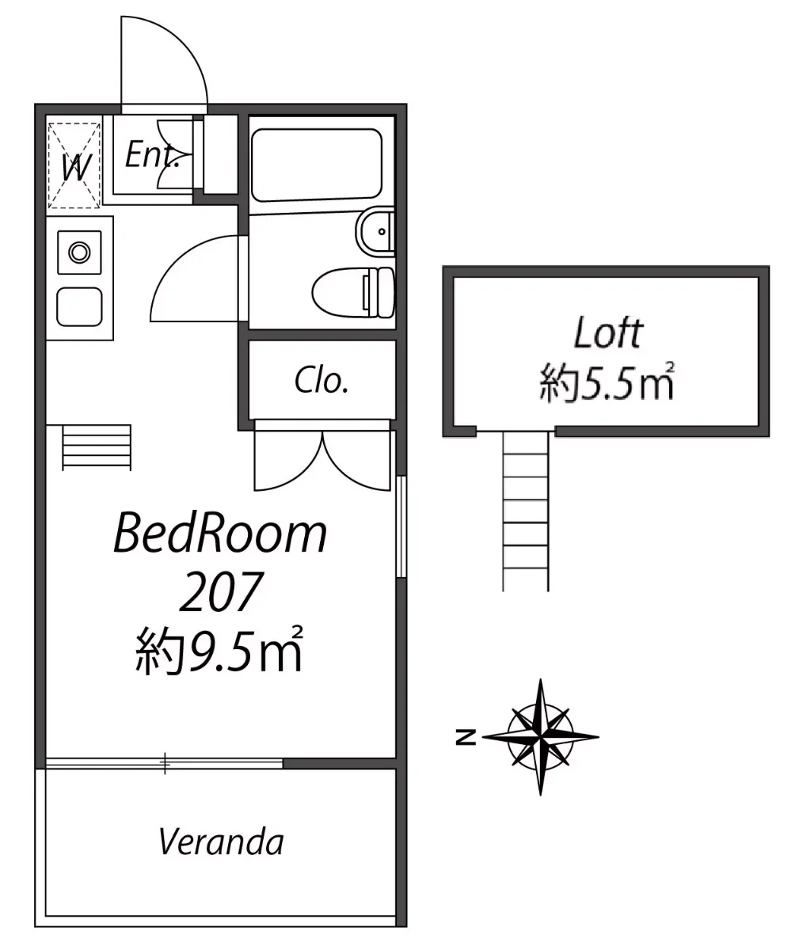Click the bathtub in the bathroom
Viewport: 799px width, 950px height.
[x=316, y=165]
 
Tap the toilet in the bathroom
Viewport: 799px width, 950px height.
[x=353, y=292]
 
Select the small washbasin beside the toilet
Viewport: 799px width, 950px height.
[x=375, y=232]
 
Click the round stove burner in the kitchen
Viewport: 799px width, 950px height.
[x=80, y=252]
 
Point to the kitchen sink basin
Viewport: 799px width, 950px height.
[x=79, y=306]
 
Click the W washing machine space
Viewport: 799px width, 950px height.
[x=74, y=165]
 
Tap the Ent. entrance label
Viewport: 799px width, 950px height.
[x=151, y=155]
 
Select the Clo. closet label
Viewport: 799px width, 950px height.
[x=322, y=380]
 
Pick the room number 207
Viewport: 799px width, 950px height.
[x=221, y=591]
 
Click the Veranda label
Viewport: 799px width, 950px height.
[x=221, y=842]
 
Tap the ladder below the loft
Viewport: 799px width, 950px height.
[x=526, y=511]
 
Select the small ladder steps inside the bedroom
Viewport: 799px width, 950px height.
[x=97, y=447]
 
